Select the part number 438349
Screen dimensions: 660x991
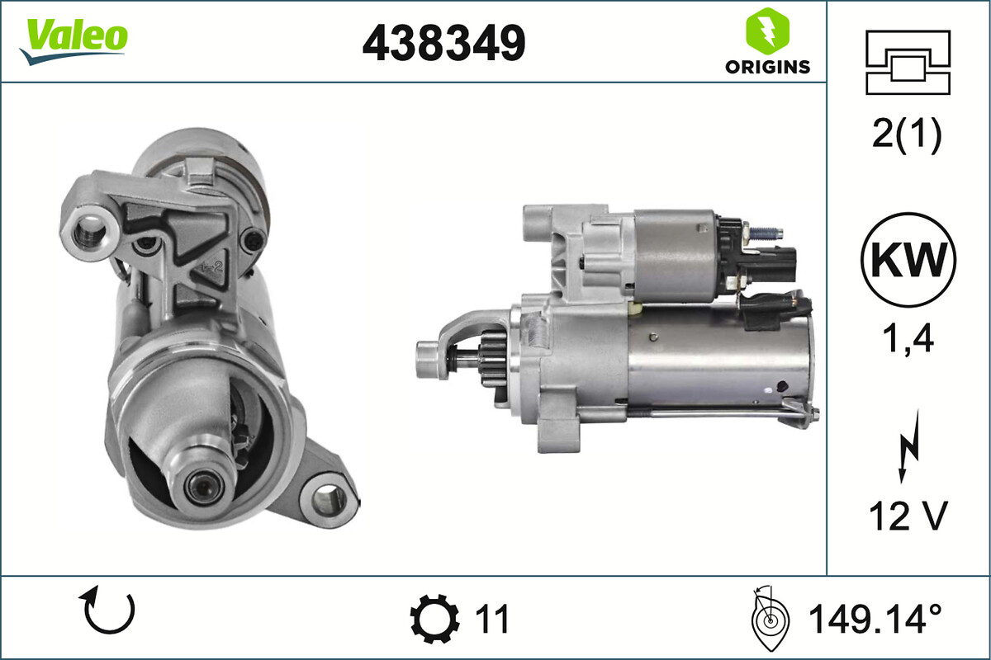pyautogui.click(x=443, y=42)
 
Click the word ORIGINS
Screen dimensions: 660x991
pyautogui.click(x=767, y=68)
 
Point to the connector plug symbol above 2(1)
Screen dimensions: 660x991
pyautogui.click(x=908, y=62)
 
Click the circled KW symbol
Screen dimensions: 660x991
pyautogui.click(x=908, y=259)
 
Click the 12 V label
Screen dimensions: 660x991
pyautogui.click(x=907, y=517)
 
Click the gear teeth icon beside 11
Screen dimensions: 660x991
pyautogui.click(x=434, y=618)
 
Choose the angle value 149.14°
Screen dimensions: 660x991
pyautogui.click(x=875, y=618)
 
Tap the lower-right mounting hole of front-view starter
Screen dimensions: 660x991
pyautogui.click(x=329, y=498)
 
